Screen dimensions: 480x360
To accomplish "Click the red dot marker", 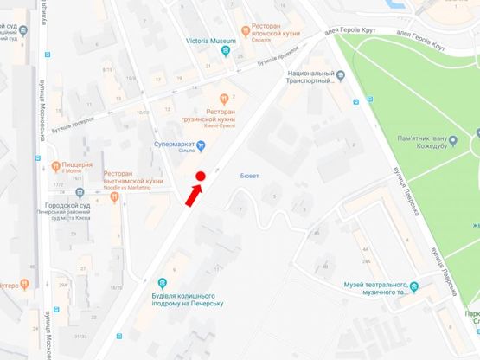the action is (x=200, y=177).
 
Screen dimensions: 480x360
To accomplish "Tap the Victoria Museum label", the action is (x=210, y=40).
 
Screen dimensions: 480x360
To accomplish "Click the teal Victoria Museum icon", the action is (x=226, y=51).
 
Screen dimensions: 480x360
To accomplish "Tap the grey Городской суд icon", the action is (x=79, y=192).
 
